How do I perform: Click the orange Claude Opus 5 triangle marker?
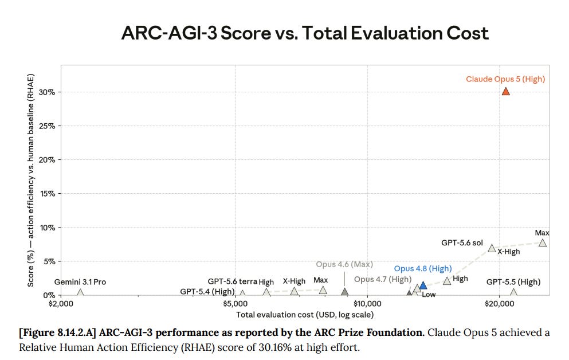tap(505, 92)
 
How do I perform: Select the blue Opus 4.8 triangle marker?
tap(423, 285)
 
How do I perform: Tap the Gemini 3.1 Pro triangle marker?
tap(80, 292)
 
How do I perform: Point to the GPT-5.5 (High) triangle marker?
tap(513, 292)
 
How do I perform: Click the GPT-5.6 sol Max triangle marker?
tap(543, 243)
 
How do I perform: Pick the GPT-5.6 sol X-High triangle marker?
tap(492, 248)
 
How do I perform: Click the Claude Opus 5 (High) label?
tap(505, 79)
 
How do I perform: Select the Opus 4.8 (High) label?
tap(423, 268)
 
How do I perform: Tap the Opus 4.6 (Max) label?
tap(344, 264)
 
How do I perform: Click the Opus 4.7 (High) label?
tap(383, 279)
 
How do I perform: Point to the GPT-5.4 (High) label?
tap(207, 291)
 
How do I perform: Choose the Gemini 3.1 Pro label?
tap(80, 282)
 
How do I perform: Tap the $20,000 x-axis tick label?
tap(499, 304)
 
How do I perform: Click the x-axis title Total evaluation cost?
tap(305, 315)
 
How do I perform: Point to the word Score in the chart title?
tap(246, 33)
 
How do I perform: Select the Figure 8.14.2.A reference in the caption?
tap(57, 333)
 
